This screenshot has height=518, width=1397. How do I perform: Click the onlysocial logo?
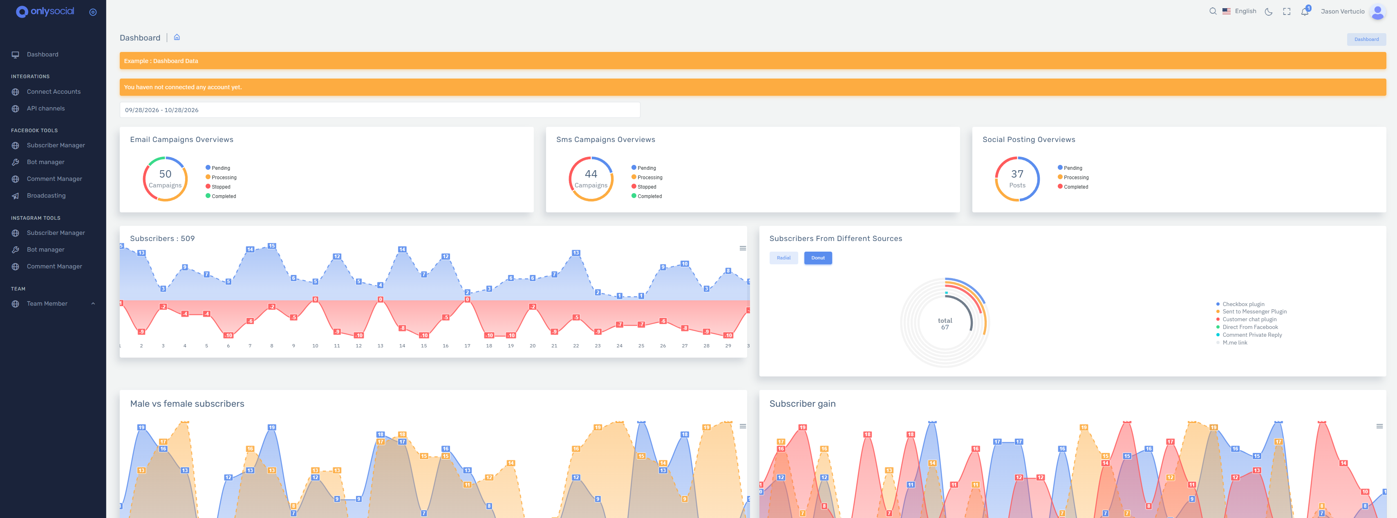pos(45,11)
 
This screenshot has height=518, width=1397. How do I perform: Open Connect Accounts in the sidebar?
pos(54,92)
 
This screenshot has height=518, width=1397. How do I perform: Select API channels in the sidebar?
pos(45,108)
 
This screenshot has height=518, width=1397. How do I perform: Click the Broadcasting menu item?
pos(46,196)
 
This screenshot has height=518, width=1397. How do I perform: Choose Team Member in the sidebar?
pos(47,304)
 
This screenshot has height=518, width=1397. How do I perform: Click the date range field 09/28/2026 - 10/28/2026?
pos(380,110)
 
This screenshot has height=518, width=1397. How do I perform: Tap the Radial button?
pos(783,258)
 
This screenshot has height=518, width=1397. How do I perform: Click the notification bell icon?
pos(1304,11)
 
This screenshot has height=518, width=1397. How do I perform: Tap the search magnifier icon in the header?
pos(1213,11)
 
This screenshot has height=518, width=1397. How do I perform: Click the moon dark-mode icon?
pos(1268,11)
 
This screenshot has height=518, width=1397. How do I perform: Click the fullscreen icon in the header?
pos(1286,11)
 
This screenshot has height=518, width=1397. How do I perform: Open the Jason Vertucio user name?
pos(1342,11)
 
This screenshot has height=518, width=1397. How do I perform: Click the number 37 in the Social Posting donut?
pos(1017,174)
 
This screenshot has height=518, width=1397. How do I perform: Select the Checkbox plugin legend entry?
pos(1243,304)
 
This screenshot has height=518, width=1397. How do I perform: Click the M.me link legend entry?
pos(1234,342)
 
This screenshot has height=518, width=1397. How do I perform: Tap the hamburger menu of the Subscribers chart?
pos(742,248)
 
